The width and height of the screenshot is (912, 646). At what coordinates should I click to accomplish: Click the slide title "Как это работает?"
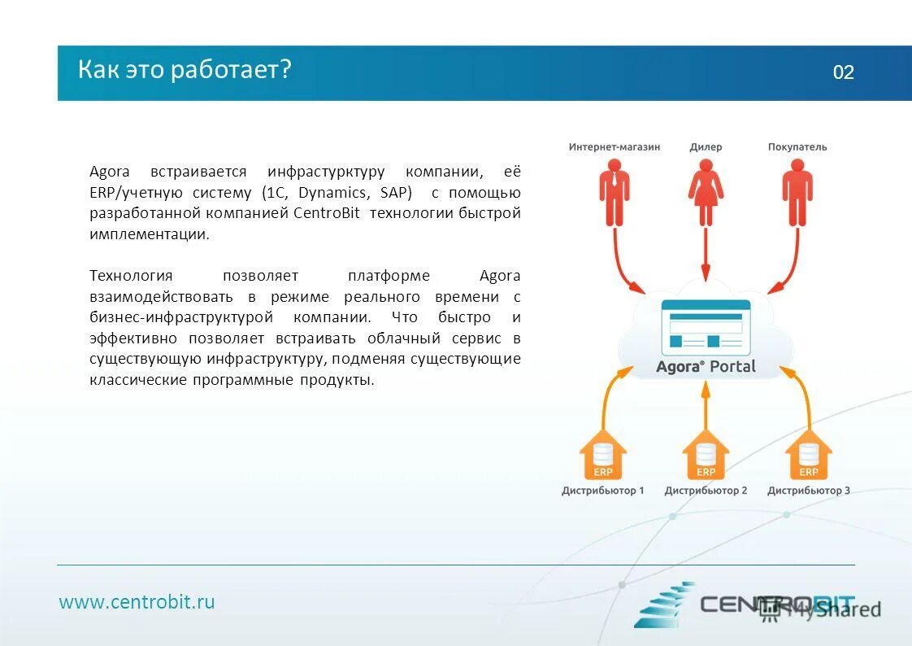point(185,70)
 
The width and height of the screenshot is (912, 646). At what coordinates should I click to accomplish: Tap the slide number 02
point(843,72)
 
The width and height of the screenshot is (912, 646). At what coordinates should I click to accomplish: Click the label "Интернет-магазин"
point(614,147)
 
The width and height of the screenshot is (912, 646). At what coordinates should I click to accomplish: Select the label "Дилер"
point(706,147)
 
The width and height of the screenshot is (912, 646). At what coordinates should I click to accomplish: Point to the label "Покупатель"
point(797,147)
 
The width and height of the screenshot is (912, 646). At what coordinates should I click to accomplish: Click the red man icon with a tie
point(615,192)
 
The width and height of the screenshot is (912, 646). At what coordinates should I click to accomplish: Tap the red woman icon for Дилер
point(706,192)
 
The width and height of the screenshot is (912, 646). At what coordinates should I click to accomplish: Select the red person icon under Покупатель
point(797,192)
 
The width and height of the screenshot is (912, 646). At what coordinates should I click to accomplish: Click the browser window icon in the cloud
point(706,326)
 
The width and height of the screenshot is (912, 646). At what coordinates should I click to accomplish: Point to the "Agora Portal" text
point(706,367)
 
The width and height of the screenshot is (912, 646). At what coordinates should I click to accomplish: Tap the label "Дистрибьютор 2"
point(706,491)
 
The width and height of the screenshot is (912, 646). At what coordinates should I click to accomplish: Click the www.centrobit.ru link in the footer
point(137,602)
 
